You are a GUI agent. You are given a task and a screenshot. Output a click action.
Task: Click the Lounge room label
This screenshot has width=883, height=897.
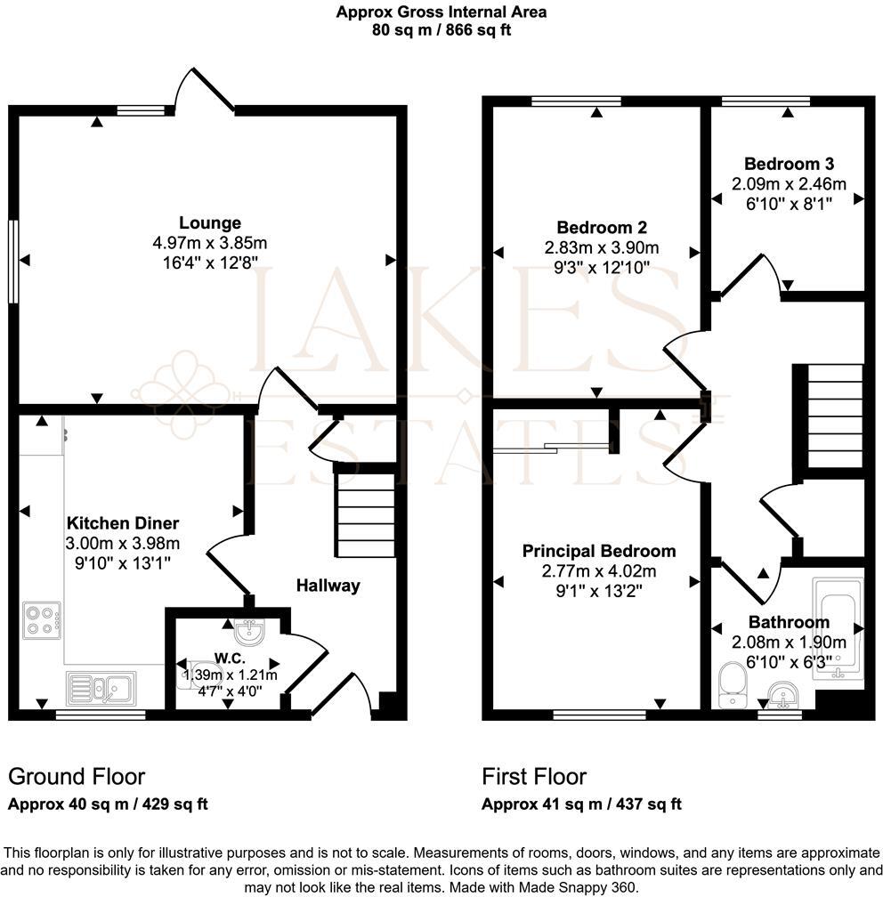(x=210, y=222)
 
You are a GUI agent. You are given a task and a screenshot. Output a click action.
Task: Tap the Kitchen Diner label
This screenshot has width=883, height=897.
(x=124, y=523)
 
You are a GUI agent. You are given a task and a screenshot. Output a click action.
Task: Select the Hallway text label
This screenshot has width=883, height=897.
(x=328, y=585)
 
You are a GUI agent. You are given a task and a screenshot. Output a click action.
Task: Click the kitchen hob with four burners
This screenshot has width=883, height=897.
(x=42, y=619)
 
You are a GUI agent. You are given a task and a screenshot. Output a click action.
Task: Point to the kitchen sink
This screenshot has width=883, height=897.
(x=101, y=688)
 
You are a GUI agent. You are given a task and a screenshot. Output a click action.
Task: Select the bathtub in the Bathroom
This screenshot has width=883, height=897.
(x=838, y=628)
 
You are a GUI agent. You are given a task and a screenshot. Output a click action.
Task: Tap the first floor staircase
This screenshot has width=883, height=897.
(x=834, y=416)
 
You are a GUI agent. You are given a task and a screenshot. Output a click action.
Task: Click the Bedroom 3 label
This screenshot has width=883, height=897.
(x=789, y=164)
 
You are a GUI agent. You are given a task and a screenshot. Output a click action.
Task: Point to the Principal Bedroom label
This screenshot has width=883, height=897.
(x=598, y=551)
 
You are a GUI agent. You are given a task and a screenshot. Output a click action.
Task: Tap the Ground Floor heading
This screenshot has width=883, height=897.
(x=77, y=776)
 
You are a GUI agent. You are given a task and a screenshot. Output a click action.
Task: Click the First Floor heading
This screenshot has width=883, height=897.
(x=534, y=776)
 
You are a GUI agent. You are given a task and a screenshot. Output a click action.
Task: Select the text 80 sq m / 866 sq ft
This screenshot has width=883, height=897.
(x=441, y=29)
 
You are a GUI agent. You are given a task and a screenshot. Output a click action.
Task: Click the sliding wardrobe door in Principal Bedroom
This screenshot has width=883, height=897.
(x=548, y=448)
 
